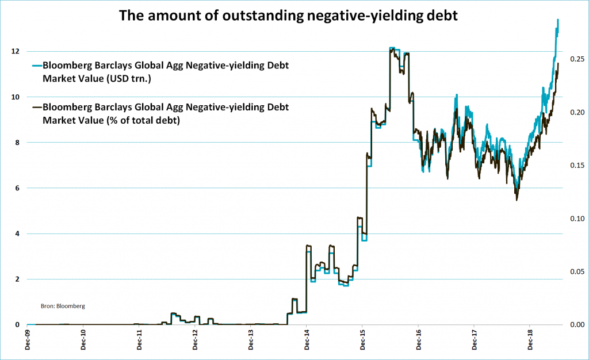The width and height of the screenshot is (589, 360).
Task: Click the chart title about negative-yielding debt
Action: (x=288, y=16)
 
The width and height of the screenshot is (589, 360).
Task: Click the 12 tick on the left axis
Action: (x=16, y=52)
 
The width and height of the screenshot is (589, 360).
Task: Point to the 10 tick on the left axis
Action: (x=16, y=97)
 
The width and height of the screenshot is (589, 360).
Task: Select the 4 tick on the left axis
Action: (x=18, y=233)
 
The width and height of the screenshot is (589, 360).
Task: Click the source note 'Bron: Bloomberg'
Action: (x=63, y=306)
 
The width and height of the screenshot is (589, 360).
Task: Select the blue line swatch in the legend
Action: (x=37, y=66)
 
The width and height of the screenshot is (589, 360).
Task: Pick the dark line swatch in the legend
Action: (x=37, y=107)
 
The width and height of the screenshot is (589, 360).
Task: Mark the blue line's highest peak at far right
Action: (x=558, y=20)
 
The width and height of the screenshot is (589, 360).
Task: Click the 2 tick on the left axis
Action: (x=18, y=279)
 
